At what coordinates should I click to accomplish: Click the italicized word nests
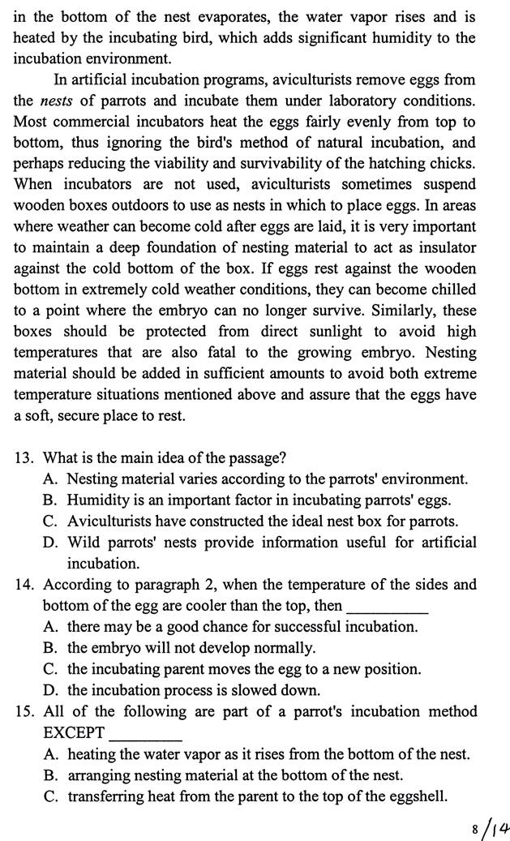click(x=55, y=101)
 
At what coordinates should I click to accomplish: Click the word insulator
click(x=444, y=247)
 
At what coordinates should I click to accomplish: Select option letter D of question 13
click(x=50, y=542)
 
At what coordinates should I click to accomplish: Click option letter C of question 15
click(x=50, y=796)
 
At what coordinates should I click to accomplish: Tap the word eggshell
click(x=418, y=796)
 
